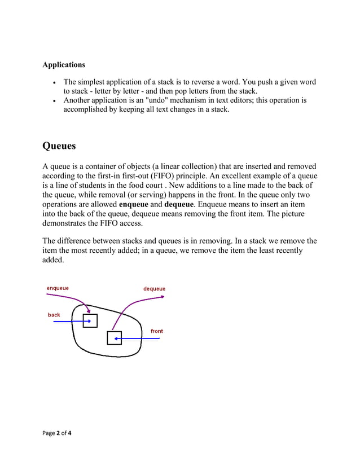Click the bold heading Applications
(x=64, y=65)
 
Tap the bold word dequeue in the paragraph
(x=179, y=204)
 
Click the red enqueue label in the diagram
(x=58, y=288)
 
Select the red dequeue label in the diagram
(x=154, y=289)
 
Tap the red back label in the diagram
(x=54, y=315)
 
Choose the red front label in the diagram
(x=157, y=331)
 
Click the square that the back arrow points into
(x=90, y=320)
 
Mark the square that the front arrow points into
(x=114, y=338)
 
